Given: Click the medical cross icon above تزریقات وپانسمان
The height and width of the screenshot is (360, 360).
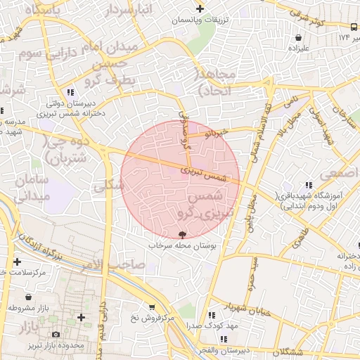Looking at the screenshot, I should point(200,9).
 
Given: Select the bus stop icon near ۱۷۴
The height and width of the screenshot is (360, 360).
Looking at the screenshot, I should point(343,36).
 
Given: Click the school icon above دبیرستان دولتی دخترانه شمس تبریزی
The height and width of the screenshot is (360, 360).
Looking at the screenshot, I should point(70,92).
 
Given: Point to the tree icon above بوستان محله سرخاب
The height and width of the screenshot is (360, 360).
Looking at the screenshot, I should point(184,235).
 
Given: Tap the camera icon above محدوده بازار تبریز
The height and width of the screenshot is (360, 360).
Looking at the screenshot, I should point(56,334).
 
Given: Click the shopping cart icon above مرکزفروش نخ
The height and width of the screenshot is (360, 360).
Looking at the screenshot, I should point(152,307).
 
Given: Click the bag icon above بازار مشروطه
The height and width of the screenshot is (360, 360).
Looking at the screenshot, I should point(27,297).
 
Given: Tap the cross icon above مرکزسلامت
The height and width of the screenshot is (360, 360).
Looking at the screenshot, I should point(17,262).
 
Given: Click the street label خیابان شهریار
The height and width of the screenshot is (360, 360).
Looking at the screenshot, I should point(226,307).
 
